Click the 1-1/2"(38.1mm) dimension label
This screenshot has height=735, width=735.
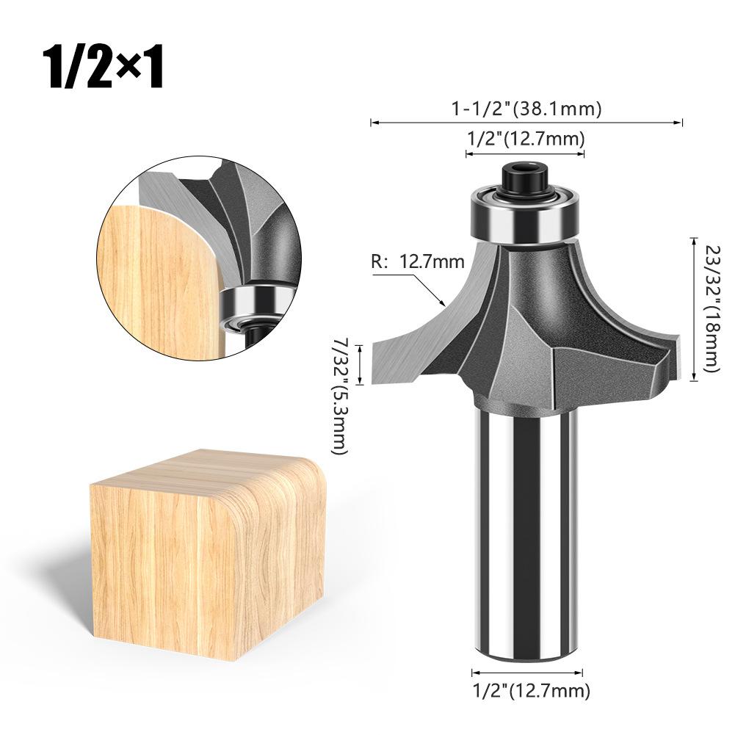click(526, 109)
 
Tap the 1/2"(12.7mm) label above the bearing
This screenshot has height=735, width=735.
click(526, 139)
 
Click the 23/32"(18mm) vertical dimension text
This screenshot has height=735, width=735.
click(709, 308)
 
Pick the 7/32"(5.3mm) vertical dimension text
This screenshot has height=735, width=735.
click(339, 397)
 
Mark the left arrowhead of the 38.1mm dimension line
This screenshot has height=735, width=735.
click(373, 123)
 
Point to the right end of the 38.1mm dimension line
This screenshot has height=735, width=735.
click(681, 123)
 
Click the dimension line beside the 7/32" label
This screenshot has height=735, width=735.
click(360, 365)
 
